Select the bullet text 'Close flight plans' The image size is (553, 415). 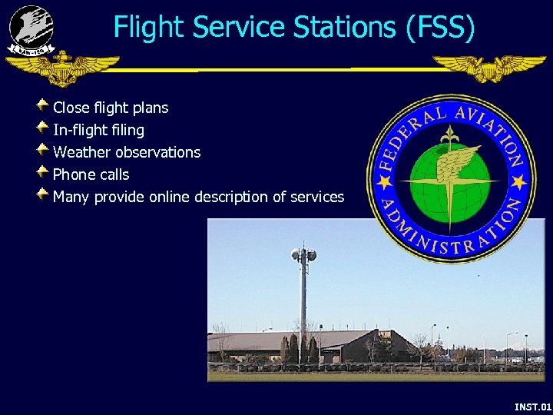[x=111, y=108]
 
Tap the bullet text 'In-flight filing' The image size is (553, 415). [x=98, y=130]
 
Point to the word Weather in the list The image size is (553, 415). [x=82, y=152]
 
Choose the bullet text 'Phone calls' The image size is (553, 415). [x=91, y=174]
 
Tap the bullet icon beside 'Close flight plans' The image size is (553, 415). [x=43, y=105]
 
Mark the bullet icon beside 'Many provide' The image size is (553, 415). [x=43, y=194]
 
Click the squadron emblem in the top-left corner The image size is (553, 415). [x=31, y=29]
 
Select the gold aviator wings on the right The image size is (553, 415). [x=489, y=68]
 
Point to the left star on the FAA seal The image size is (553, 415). [x=382, y=182]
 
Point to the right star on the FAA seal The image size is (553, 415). [x=518, y=181]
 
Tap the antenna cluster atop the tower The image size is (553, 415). [x=303, y=254]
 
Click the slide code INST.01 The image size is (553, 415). [x=532, y=406]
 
